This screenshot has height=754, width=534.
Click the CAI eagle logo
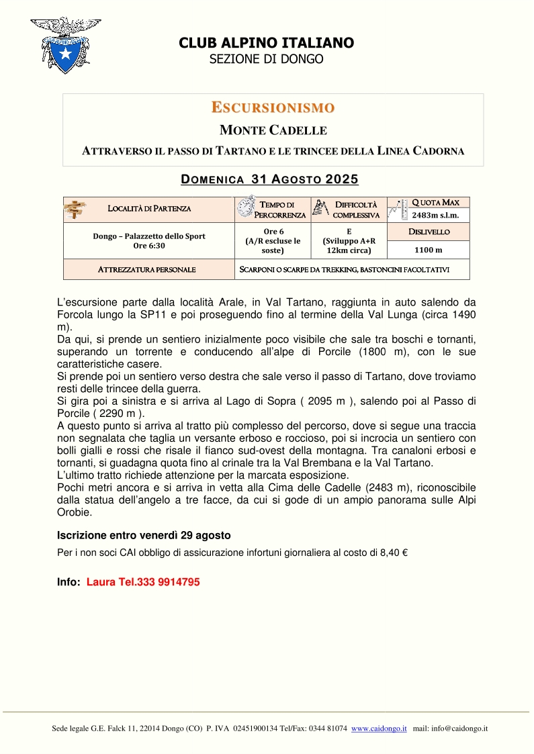65,44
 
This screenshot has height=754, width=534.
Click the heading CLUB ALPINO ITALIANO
266,43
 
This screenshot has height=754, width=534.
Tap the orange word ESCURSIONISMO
273,107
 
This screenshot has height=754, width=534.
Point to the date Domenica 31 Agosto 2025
270,179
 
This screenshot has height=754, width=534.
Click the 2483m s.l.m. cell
435,216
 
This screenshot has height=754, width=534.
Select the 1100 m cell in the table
429,250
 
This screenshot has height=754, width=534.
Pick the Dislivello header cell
429,232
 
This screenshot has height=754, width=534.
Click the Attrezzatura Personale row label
147,269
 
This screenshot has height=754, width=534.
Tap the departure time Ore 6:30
149,246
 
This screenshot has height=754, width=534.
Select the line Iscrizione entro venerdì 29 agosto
144,535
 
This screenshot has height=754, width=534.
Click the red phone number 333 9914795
168,582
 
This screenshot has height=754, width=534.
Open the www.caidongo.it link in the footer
379,728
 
